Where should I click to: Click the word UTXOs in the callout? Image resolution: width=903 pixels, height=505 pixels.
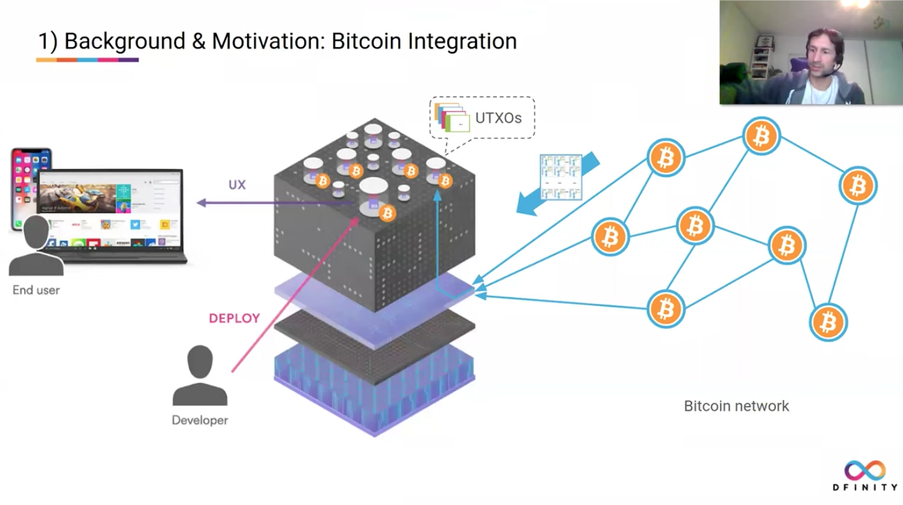pos(498,119)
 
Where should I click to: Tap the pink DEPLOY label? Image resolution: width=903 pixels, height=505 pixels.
pos(234,318)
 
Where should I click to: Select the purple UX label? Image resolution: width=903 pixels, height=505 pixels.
pos(237,185)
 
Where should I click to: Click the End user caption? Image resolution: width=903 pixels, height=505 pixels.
pos(36,290)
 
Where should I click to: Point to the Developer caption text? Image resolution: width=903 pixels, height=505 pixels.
pos(200,420)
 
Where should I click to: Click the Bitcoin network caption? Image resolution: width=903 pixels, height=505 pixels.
pos(736,406)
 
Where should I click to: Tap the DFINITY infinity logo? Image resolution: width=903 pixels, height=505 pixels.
pos(865,470)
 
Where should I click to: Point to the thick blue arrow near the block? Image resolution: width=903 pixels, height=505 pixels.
pos(556,184)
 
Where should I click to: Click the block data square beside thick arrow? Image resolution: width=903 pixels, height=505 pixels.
pos(560,177)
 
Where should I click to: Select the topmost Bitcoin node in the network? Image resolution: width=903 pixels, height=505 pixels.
pos(761,136)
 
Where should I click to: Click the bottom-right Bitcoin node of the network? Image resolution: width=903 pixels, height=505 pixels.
pos(828,322)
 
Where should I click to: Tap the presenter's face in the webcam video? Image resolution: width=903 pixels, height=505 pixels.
pos(822,53)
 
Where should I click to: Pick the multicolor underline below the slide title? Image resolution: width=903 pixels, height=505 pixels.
pos(87,60)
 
